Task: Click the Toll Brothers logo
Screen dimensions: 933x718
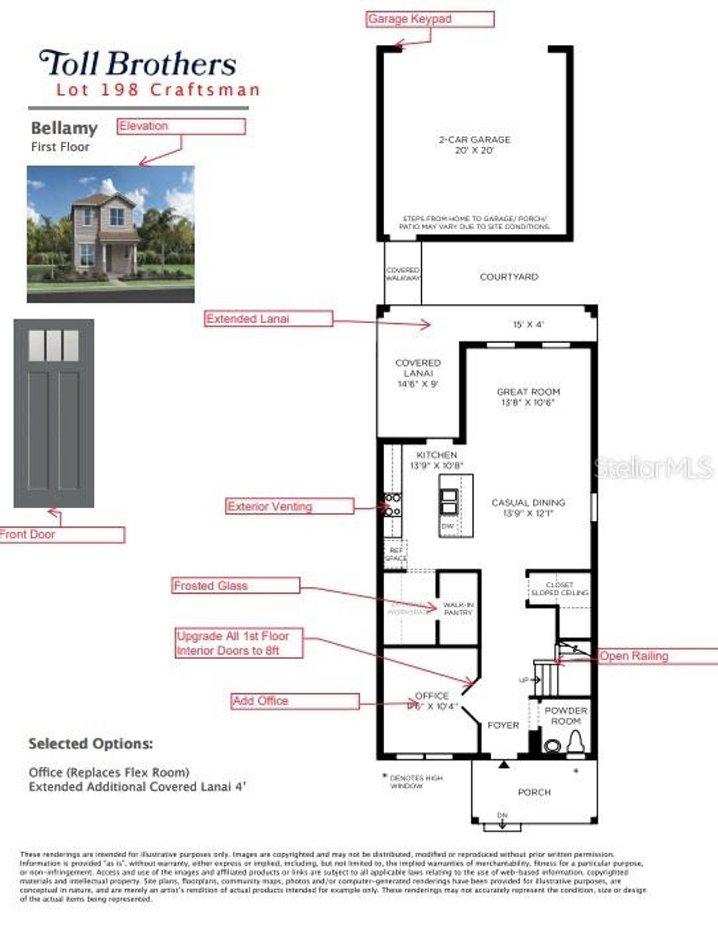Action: click(138, 64)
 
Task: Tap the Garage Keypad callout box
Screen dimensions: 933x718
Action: click(430, 19)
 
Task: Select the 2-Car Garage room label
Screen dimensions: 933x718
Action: click(475, 144)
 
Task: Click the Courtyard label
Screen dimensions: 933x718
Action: click(508, 277)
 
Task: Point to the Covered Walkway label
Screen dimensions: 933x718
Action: click(403, 274)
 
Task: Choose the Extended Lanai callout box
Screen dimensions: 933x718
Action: click(269, 319)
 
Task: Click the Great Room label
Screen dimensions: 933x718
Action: click(528, 397)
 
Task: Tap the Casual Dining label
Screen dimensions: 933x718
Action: click(528, 508)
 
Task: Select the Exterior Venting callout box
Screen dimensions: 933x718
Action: click(290, 506)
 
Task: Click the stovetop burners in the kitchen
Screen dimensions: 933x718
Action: click(392, 505)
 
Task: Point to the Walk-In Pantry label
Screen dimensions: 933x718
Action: click(458, 608)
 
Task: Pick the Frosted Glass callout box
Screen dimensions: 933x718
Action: click(236, 585)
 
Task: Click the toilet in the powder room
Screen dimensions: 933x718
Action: click(574, 742)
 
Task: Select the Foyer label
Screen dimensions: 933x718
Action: click(503, 726)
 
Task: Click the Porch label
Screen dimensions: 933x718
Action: click(534, 792)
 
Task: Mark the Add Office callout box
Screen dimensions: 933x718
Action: click(295, 701)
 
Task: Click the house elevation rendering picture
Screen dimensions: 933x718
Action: click(111, 234)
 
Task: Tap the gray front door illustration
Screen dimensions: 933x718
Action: click(54, 414)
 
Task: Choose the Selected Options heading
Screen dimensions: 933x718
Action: click(90, 744)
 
